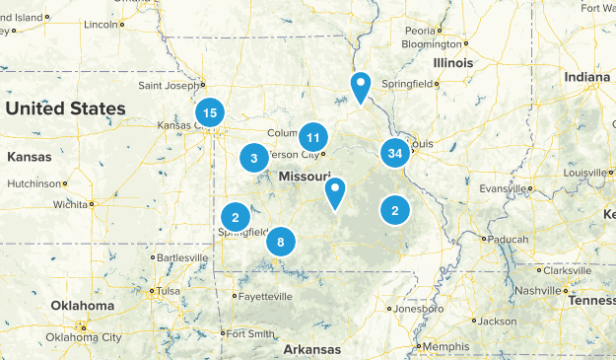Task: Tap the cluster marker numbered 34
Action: click(395, 153)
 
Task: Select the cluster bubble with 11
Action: click(313, 137)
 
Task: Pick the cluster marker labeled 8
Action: click(281, 242)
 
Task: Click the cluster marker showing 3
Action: click(254, 158)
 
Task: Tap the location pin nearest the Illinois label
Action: click(362, 87)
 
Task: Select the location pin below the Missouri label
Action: click(336, 192)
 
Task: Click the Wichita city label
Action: click(70, 204)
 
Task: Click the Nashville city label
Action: click(538, 290)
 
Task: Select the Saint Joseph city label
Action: click(169, 84)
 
